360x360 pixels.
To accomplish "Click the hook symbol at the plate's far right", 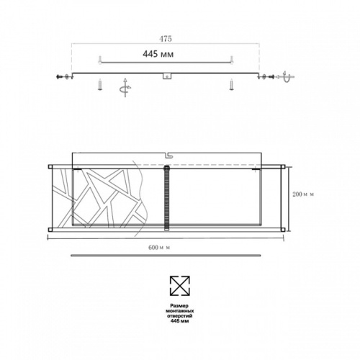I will pyautogui.click(x=286, y=75).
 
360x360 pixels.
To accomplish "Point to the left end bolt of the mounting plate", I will pyautogui.click(x=60, y=75).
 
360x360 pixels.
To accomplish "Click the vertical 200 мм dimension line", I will pyautogui.click(x=289, y=198).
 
